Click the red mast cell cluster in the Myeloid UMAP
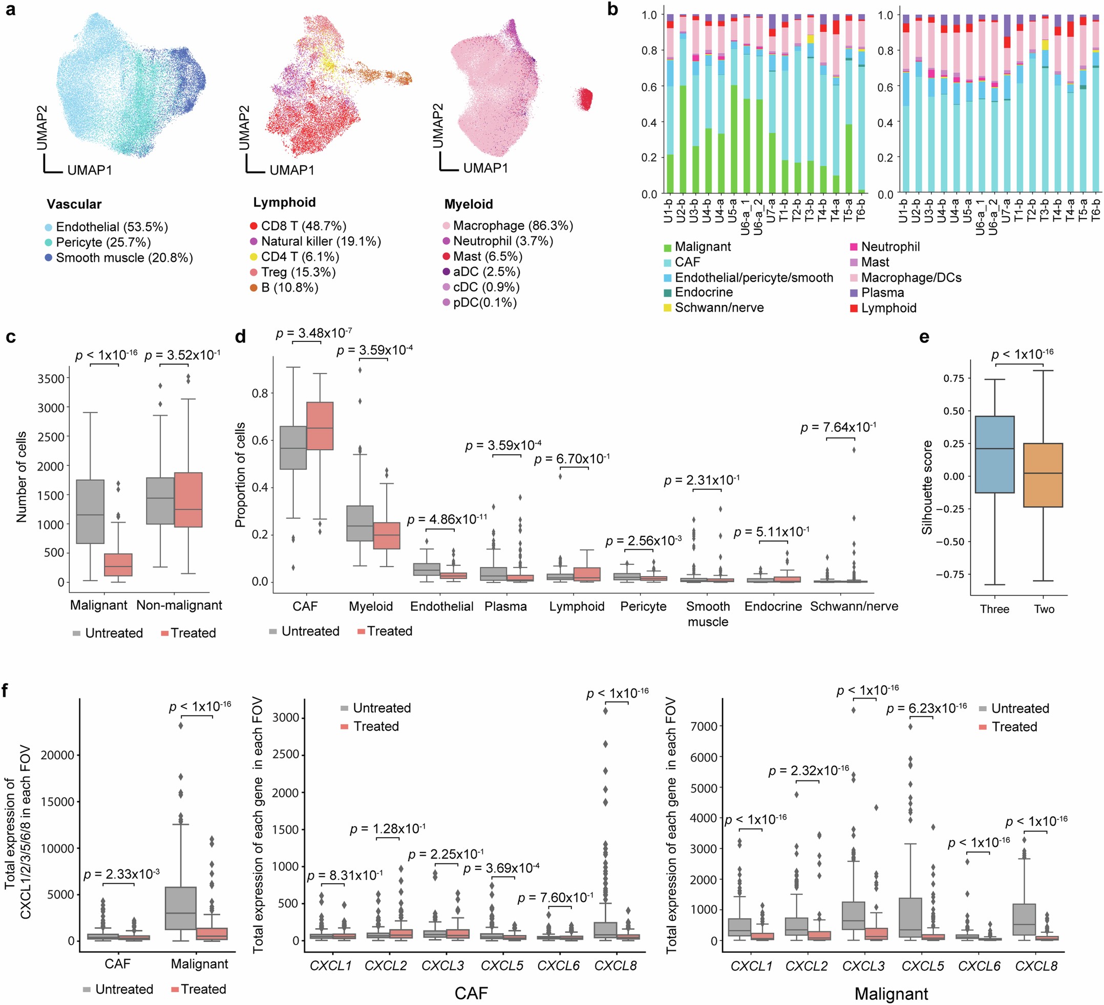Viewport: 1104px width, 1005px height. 585,99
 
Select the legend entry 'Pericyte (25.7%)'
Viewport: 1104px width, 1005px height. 103,242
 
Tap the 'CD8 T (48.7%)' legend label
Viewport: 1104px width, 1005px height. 303,226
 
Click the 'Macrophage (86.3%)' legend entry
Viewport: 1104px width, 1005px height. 513,226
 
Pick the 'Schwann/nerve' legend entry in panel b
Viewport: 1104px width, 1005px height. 718,308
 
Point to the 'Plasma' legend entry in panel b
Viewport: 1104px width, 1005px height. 882,292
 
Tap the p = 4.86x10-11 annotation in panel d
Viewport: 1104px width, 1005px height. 447,519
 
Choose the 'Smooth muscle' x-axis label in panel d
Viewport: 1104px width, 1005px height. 708,614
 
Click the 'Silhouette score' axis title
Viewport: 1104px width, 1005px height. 927,487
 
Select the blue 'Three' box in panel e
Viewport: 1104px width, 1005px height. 994,454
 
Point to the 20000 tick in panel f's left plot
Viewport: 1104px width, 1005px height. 57,755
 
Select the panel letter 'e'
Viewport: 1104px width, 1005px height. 924,337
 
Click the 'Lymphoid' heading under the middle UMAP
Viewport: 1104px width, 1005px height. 284,203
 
